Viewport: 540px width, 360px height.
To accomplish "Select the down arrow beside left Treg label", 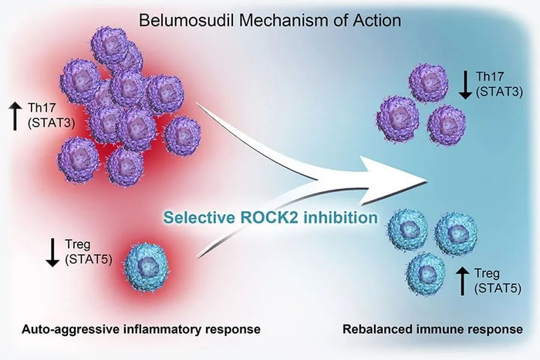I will click(52, 252).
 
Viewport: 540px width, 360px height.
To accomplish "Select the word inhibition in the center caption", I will click(344, 217).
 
